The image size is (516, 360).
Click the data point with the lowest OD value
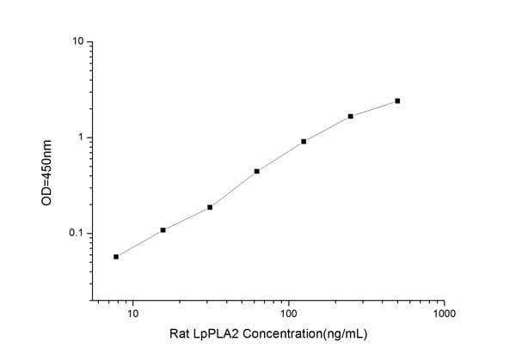point(116,256)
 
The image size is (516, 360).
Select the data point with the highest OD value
point(397,101)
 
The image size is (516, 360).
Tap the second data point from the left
point(163,229)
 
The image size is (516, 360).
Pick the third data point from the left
point(210,207)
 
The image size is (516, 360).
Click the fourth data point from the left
point(257,171)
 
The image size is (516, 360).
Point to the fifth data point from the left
point(304,141)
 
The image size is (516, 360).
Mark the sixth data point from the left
point(351,116)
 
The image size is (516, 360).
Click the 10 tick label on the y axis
point(77,41)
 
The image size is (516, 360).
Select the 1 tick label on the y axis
point(81,137)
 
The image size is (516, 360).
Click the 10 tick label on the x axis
point(132,314)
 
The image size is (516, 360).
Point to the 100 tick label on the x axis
point(289,314)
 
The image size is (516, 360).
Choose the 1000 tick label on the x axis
point(444,314)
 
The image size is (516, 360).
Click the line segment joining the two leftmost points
point(139,243)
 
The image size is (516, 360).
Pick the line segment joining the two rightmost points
point(374,108)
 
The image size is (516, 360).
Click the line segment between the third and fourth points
point(233,189)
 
